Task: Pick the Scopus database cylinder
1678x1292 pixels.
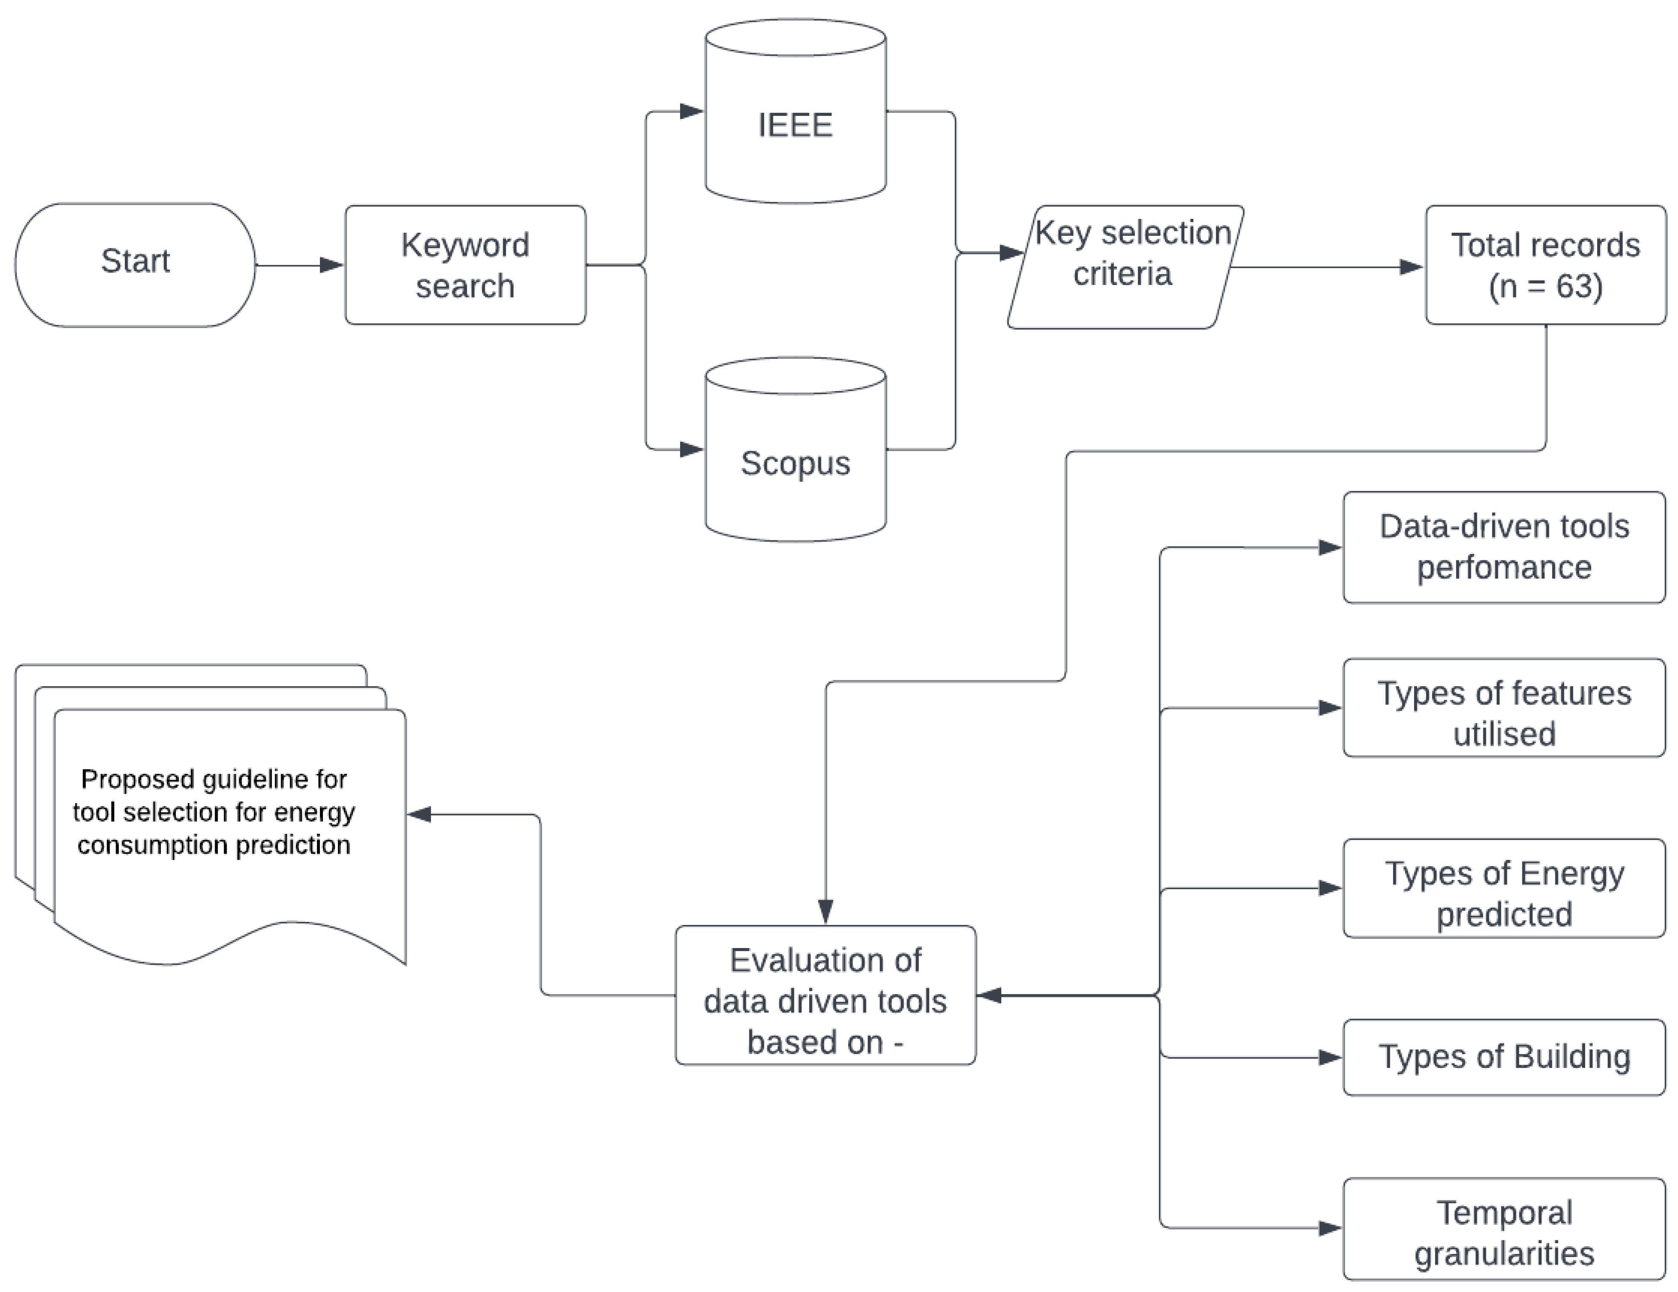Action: click(795, 463)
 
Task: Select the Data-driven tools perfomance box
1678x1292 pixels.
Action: click(1503, 547)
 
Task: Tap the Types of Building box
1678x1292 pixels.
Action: click(1503, 1057)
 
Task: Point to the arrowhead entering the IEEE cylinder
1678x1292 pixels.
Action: click(692, 111)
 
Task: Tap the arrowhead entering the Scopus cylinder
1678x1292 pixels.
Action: click(692, 449)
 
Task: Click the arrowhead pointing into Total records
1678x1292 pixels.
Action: click(1411, 267)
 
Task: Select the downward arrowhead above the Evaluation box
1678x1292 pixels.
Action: click(826, 911)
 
